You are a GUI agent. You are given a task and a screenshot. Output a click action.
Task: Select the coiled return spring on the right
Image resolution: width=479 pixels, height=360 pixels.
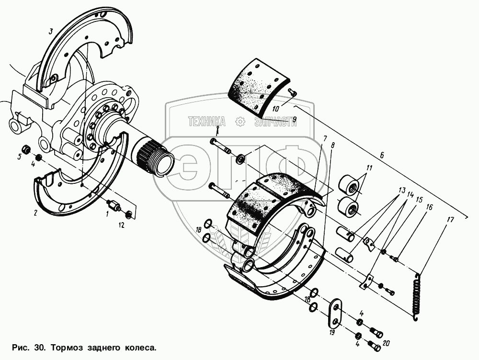pos(417,295)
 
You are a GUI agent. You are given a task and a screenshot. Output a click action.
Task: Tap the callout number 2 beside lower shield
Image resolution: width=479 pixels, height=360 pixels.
pos(35,213)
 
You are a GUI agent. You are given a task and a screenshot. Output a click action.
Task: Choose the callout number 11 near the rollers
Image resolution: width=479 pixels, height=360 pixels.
pos(369,168)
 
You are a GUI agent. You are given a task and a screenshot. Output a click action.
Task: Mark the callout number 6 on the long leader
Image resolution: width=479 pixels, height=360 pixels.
pos(382,155)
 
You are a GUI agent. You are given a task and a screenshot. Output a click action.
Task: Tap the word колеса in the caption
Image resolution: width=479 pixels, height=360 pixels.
pos(142,346)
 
